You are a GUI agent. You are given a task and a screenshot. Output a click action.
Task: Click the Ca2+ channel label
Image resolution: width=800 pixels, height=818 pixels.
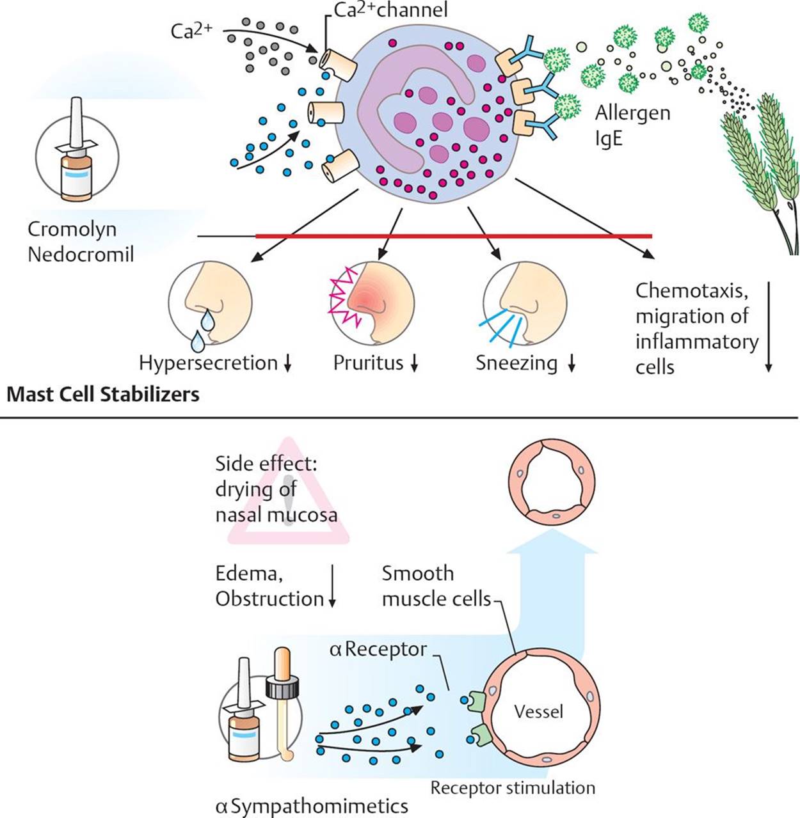click(391, 11)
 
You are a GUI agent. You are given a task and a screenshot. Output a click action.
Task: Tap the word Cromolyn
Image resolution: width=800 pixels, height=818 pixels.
click(72, 230)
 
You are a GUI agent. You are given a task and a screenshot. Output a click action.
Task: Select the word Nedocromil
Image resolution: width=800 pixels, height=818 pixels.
click(81, 255)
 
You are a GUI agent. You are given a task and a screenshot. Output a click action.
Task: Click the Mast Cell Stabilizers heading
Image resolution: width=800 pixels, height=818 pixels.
click(103, 394)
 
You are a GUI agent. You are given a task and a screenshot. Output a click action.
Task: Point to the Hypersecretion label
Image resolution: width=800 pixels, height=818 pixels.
click(208, 363)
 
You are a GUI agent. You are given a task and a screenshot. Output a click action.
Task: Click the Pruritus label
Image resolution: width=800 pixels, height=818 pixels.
click(368, 363)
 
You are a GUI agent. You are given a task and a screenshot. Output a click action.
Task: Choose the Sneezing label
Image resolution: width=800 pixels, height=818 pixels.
click(516, 363)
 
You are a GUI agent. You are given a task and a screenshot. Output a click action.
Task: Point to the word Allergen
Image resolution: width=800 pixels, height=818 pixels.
click(632, 114)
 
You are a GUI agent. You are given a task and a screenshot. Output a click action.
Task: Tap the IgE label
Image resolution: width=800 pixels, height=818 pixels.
click(609, 139)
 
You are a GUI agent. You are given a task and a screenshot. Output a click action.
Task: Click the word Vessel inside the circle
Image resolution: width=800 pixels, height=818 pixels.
click(539, 711)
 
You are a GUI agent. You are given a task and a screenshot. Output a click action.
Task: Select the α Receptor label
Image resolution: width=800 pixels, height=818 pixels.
click(378, 650)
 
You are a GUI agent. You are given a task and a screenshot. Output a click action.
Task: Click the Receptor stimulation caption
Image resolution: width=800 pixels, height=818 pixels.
click(513, 788)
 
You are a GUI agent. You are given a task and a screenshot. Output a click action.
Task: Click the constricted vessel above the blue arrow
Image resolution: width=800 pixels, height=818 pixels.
click(552, 481)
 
